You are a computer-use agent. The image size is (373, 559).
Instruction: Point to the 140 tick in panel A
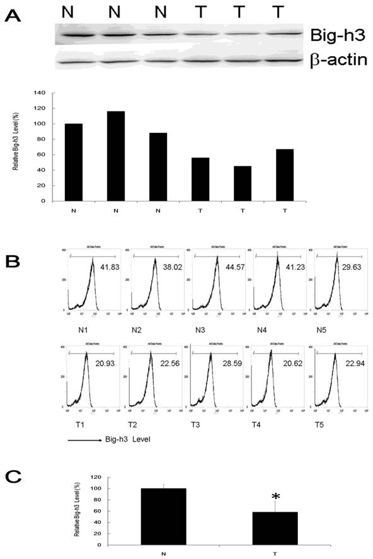[41, 93]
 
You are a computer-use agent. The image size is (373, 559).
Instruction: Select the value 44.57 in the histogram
[231, 267]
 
